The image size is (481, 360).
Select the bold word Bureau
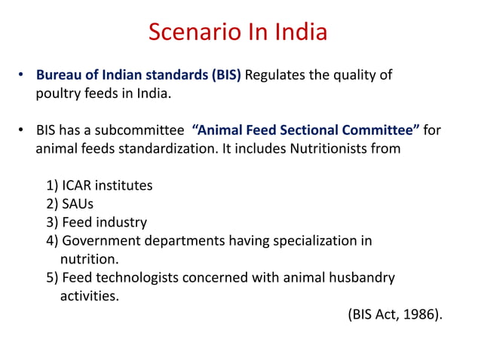[59, 75]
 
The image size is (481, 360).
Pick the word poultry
[58, 94]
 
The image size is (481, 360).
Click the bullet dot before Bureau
[23, 76]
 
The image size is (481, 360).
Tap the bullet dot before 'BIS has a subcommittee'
[23, 131]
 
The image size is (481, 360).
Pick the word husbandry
[360, 278]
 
